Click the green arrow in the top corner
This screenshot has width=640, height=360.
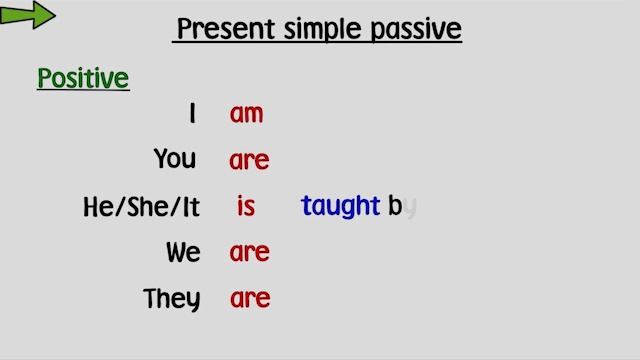click(x=28, y=15)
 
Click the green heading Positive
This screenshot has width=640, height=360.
click(x=83, y=78)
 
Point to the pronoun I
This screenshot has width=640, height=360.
click(x=192, y=114)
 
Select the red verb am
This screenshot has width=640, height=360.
click(x=246, y=114)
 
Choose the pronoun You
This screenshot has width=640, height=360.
click(x=175, y=159)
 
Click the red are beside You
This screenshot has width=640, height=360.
click(x=249, y=161)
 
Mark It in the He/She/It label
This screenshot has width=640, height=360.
click(x=190, y=207)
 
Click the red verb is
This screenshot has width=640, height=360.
click(x=246, y=206)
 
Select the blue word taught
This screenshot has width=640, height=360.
click(x=340, y=206)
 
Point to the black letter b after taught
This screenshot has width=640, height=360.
click(x=394, y=206)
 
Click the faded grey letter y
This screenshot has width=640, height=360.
click(x=410, y=208)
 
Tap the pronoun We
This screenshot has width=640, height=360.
click(x=183, y=253)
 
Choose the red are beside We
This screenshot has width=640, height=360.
click(x=249, y=254)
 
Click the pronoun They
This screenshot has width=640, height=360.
click(x=171, y=299)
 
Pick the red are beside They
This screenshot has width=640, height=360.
click(x=249, y=299)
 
